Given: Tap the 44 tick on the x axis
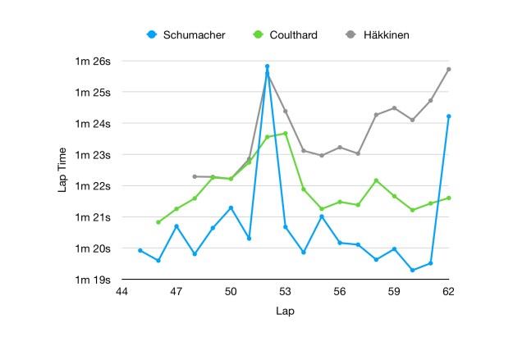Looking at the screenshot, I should (122, 291).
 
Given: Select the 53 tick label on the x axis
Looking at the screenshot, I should (285, 291).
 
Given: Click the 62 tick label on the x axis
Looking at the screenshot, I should (448, 291).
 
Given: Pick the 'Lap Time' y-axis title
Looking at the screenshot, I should (63, 171).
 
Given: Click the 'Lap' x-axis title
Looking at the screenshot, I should (285, 312).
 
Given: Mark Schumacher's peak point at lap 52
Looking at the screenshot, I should (267, 66).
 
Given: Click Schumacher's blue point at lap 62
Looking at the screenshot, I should (448, 116).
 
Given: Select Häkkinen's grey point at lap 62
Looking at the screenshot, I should (448, 69).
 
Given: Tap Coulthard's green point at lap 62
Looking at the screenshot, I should (448, 198).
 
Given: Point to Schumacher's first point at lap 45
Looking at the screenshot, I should (140, 250).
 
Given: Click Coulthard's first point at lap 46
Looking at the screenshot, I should (158, 222).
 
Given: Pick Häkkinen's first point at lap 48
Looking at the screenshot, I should (195, 176).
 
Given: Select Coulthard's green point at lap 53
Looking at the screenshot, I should (285, 133).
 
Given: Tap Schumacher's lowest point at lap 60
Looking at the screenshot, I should (412, 270).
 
